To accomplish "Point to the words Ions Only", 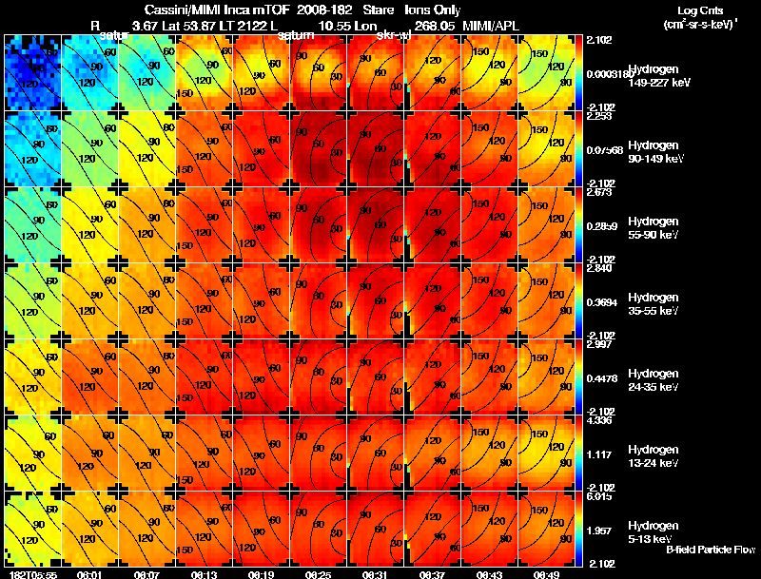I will (431, 9).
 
